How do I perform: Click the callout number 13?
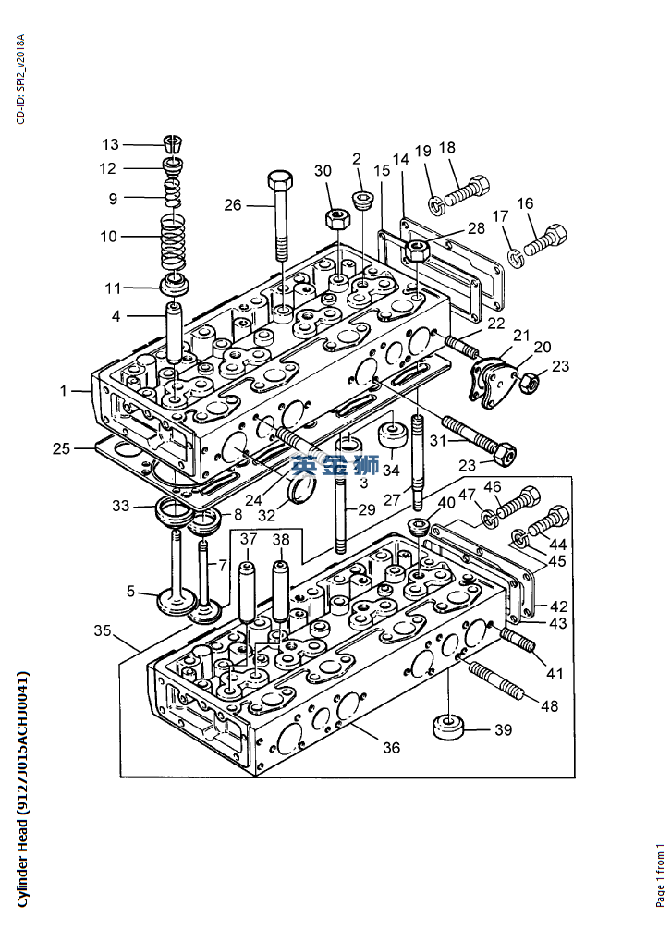pos(110,145)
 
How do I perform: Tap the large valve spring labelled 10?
pos(174,242)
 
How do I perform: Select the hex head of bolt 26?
pos(280,180)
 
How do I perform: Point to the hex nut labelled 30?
pos(336,218)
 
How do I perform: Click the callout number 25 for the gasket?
pos(62,448)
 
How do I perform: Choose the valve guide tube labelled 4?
pos(174,332)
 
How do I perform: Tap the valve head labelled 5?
pos(171,602)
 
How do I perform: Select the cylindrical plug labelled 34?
pos(393,435)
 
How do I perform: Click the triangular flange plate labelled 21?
pos(494,384)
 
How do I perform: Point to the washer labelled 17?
pos(517,256)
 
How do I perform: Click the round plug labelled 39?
pos(448,728)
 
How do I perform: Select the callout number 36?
pos(391,747)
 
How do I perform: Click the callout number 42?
pos(559,606)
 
